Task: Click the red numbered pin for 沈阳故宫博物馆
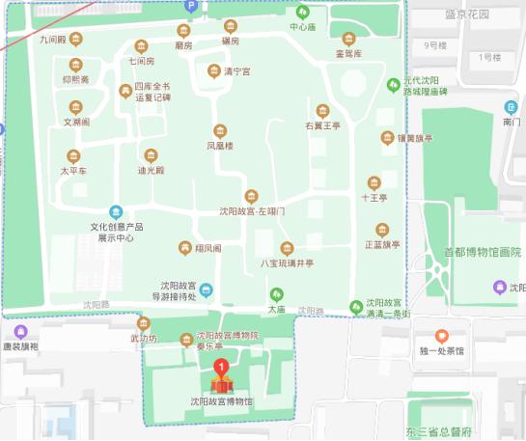coord(223,367)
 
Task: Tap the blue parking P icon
coord(191,6)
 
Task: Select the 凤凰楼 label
coord(220,146)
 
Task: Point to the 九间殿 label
coord(53,41)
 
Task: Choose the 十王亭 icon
coord(374,182)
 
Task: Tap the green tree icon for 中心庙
coord(303,13)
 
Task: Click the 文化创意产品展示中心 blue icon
coord(117,212)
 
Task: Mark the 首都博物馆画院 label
coord(482,252)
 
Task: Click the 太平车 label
coord(74,171)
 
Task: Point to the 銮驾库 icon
coord(347,40)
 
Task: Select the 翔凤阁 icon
coord(183,248)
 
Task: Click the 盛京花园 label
coord(467,14)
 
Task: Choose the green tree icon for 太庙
coord(277,294)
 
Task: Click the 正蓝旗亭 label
coord(382,244)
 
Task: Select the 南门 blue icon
coord(511,106)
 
